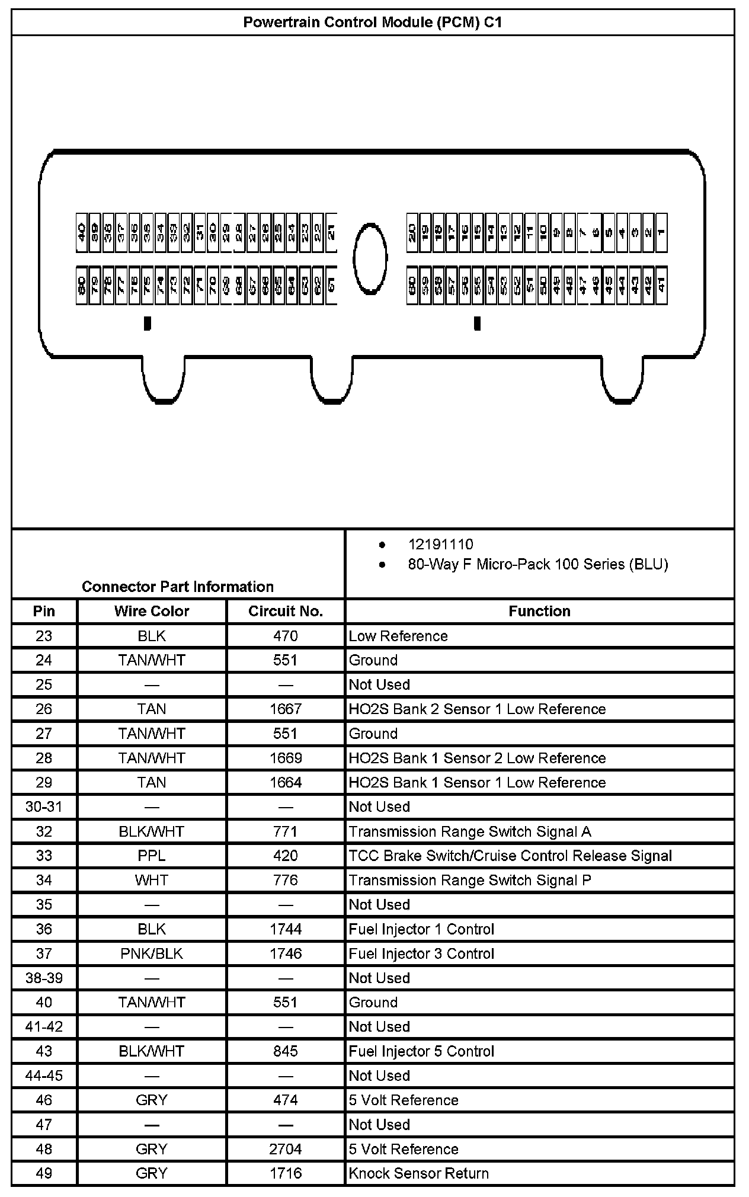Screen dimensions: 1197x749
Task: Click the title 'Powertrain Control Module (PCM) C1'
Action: coord(373,23)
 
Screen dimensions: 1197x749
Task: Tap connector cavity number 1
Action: coord(661,232)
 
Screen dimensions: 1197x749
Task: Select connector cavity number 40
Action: coord(82,232)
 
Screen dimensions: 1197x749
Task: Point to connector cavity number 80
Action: coord(82,286)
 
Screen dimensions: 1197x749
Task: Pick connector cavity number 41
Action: coord(661,286)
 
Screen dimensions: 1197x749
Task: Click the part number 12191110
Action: coord(440,545)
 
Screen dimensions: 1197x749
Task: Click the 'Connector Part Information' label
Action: coord(178,587)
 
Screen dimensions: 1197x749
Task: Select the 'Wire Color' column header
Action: coord(152,611)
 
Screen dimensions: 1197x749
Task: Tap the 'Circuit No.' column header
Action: coord(286,611)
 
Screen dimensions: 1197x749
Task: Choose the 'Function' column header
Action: coord(539,611)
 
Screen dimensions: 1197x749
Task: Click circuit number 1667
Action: coord(286,709)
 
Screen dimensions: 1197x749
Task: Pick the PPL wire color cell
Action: coord(152,856)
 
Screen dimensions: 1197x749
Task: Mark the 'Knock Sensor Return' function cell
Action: coord(418,1173)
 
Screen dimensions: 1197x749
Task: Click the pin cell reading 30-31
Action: coord(44,806)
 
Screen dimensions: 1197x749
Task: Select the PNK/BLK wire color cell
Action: coord(152,953)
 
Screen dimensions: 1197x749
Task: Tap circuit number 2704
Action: coord(286,1149)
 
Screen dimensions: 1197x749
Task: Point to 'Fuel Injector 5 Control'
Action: coord(421,1051)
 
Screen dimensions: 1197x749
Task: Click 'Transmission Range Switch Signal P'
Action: coord(470,880)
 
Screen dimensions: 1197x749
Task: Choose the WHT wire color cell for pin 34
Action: coord(152,880)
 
